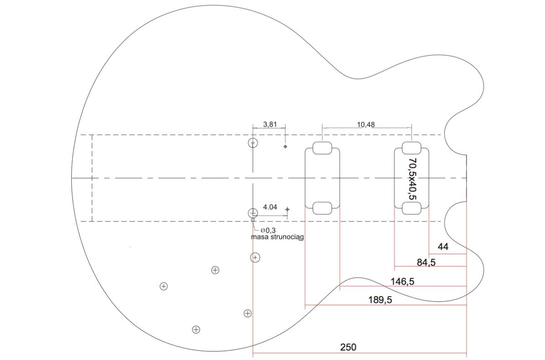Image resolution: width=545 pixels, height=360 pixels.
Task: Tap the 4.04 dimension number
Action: pos(270,207)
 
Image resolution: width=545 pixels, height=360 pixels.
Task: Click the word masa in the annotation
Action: pos(259,237)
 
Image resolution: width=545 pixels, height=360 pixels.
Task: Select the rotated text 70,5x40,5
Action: pos(412,179)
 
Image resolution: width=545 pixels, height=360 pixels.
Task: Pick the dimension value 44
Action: pos(443,247)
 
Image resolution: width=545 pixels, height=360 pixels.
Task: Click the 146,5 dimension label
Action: pos(402,281)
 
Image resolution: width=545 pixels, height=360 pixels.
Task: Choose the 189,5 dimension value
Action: pos(380,300)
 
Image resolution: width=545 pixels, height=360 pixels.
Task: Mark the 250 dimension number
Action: pos(348,347)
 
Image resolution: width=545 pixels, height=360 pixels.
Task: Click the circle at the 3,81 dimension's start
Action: pos(253,143)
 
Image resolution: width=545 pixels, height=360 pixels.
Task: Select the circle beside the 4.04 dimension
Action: pos(253,213)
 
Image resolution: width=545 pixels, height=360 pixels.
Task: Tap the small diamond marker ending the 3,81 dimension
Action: pos(285,147)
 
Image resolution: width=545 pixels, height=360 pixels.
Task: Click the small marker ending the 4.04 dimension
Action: pos(287,209)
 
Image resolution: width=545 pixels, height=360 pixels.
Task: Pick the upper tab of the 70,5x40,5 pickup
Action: pos(411,148)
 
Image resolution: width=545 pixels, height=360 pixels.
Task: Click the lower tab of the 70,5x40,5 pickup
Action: pos(411,208)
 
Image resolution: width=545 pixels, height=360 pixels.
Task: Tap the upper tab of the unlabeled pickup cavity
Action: pos(322,148)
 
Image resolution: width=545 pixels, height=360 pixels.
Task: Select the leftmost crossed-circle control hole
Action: pos(163,286)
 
